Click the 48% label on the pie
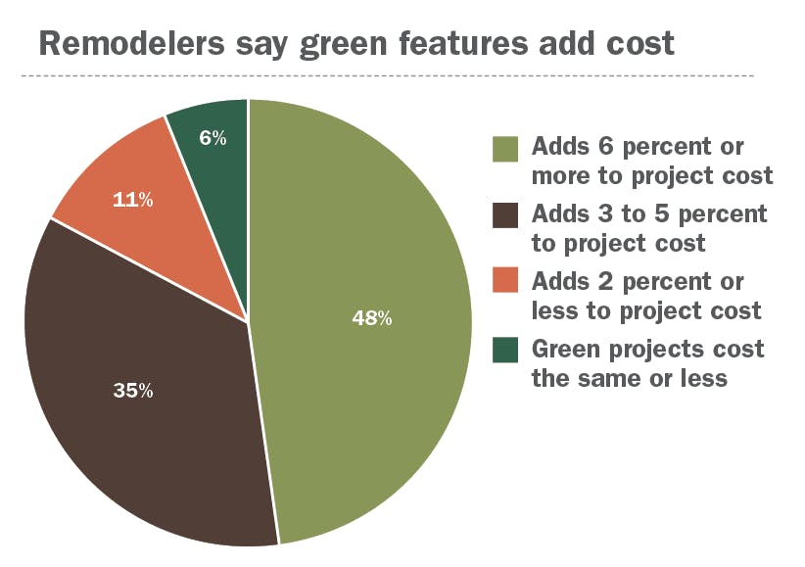point(372,318)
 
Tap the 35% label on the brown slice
point(133,391)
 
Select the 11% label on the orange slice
point(133,200)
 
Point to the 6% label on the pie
point(213,138)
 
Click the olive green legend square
point(504,148)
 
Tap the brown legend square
point(504,215)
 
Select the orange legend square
point(504,283)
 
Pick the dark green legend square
point(504,351)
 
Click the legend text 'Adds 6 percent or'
point(638,147)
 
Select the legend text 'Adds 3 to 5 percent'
point(649,213)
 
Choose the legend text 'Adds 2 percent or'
point(638,281)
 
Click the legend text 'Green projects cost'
point(647,349)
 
